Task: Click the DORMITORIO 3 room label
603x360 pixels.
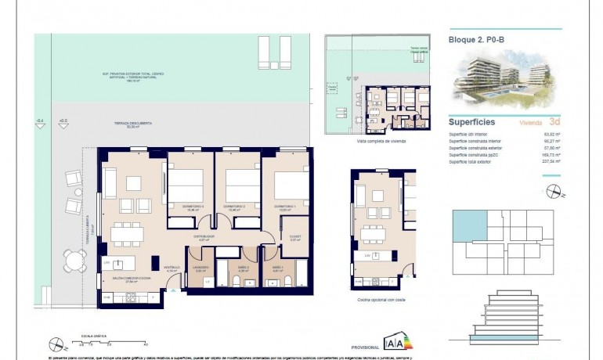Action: [191, 207]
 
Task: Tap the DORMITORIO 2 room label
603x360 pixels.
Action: [237, 207]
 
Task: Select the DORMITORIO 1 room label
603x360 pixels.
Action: [284, 207]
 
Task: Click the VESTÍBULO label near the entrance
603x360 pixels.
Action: [172, 268]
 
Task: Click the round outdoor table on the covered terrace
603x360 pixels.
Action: [76, 260]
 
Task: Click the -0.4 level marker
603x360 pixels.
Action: [41, 121]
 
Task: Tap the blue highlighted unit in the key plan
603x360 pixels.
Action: [470, 225]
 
